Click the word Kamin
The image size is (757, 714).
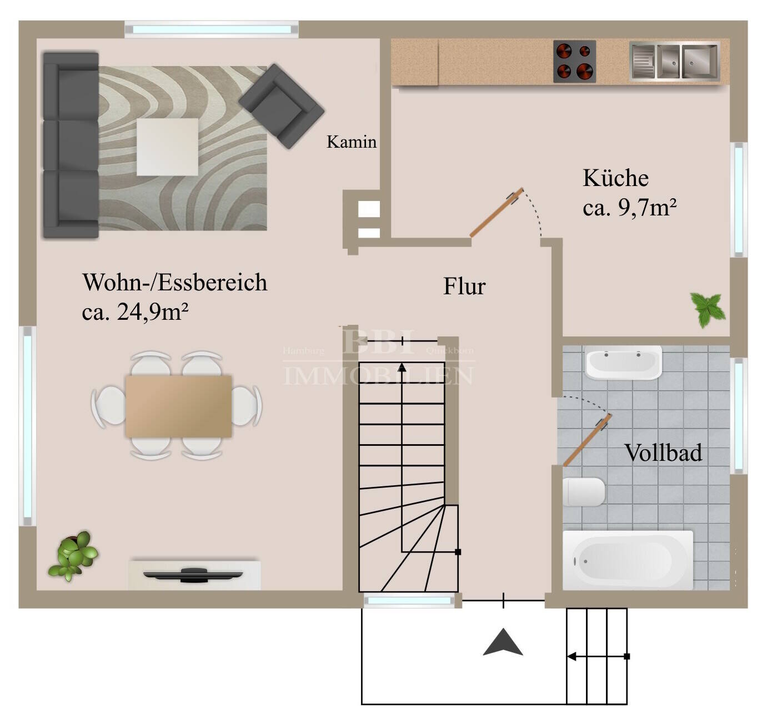pos(351,142)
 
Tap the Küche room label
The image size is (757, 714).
pos(615,178)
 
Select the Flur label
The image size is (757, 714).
pos(464,286)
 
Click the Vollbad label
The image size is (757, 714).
pos(663,453)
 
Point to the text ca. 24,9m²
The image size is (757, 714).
pos(135,312)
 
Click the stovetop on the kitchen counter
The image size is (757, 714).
pos(574,61)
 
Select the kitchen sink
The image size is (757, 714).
pos(674,61)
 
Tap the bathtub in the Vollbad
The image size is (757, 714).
pos(628,560)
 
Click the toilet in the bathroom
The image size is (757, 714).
pos(583,492)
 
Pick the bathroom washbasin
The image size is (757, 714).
pos(623,363)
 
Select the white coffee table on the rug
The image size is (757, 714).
pos(167,147)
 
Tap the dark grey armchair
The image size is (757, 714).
pos(281,106)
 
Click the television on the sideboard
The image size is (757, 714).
pos(193,574)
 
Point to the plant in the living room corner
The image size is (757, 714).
pos(74,555)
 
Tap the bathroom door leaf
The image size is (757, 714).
pos(587,440)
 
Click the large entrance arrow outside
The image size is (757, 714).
pos(503,643)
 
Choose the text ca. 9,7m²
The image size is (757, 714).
pos(629,208)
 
